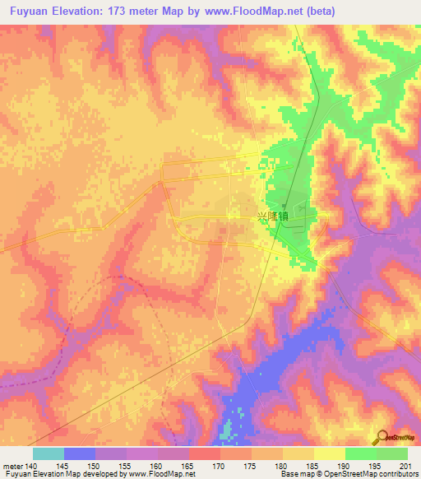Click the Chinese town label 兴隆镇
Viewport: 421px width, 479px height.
(x=273, y=216)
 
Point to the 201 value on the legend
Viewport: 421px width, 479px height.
(x=403, y=465)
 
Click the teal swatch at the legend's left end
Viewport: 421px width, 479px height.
(x=48, y=453)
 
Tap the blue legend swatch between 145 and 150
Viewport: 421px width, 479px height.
(x=79, y=453)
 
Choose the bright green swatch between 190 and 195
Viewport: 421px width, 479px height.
(x=360, y=453)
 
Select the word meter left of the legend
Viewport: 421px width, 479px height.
(x=14, y=465)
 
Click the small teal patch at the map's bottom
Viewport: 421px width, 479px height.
(x=227, y=430)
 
